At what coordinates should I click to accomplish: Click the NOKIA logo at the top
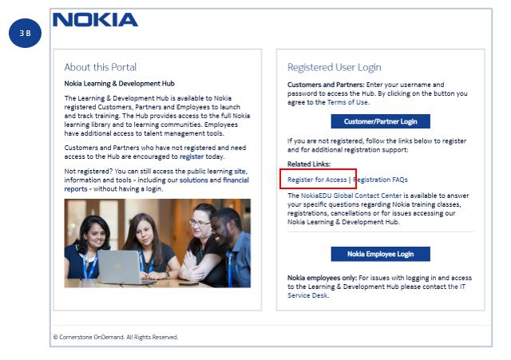coord(95,20)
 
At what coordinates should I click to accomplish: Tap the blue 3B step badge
coord(25,35)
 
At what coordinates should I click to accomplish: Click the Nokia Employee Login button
coord(380,254)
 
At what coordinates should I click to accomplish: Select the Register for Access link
coord(317,180)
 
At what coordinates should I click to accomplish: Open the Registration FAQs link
coord(381,180)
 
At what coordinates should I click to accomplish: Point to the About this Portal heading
coord(100,67)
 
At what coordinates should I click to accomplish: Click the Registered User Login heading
coord(334,67)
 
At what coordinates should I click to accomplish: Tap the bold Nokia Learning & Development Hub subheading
coord(119,83)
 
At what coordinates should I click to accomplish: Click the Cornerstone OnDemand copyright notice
coord(116,337)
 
